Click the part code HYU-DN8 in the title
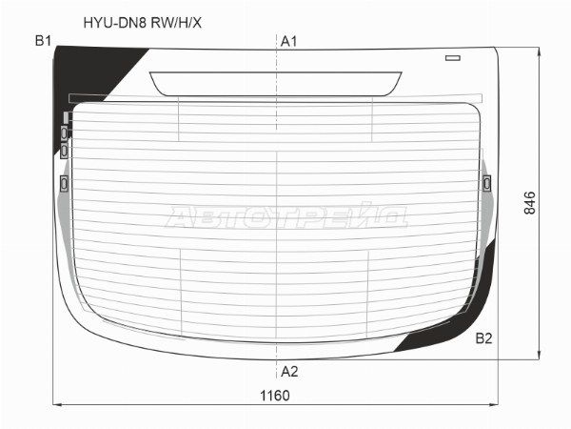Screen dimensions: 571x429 click(x=115, y=23)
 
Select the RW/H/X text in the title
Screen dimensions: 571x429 click(x=176, y=23)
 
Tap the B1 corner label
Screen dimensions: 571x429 click(x=44, y=41)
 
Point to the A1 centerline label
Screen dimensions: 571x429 click(x=288, y=42)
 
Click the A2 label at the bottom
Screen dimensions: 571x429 click(x=289, y=372)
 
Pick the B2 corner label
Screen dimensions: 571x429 click(x=484, y=338)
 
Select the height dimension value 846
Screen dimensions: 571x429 click(x=530, y=203)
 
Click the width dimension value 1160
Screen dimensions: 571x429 click(x=275, y=396)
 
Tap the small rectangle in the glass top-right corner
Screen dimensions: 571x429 click(x=453, y=58)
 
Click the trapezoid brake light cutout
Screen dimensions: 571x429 click(x=276, y=84)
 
